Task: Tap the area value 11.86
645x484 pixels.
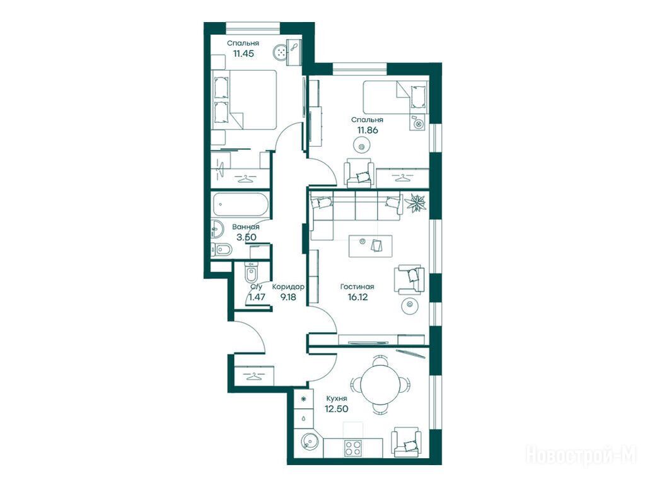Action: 368,130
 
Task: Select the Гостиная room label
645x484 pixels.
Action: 357,287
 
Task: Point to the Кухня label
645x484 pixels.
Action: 337,398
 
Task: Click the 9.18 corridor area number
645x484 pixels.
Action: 288,296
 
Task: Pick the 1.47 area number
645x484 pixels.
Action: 257,296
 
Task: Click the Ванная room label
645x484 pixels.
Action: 245,227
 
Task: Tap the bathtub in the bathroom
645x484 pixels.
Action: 241,204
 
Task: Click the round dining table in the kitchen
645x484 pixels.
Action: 380,385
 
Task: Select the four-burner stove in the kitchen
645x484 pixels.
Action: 352,447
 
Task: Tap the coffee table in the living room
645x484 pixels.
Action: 370,246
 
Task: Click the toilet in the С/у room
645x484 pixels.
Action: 251,273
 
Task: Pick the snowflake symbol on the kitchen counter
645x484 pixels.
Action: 303,399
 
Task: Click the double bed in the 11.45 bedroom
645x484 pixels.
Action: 244,99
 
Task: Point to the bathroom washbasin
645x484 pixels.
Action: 216,229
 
